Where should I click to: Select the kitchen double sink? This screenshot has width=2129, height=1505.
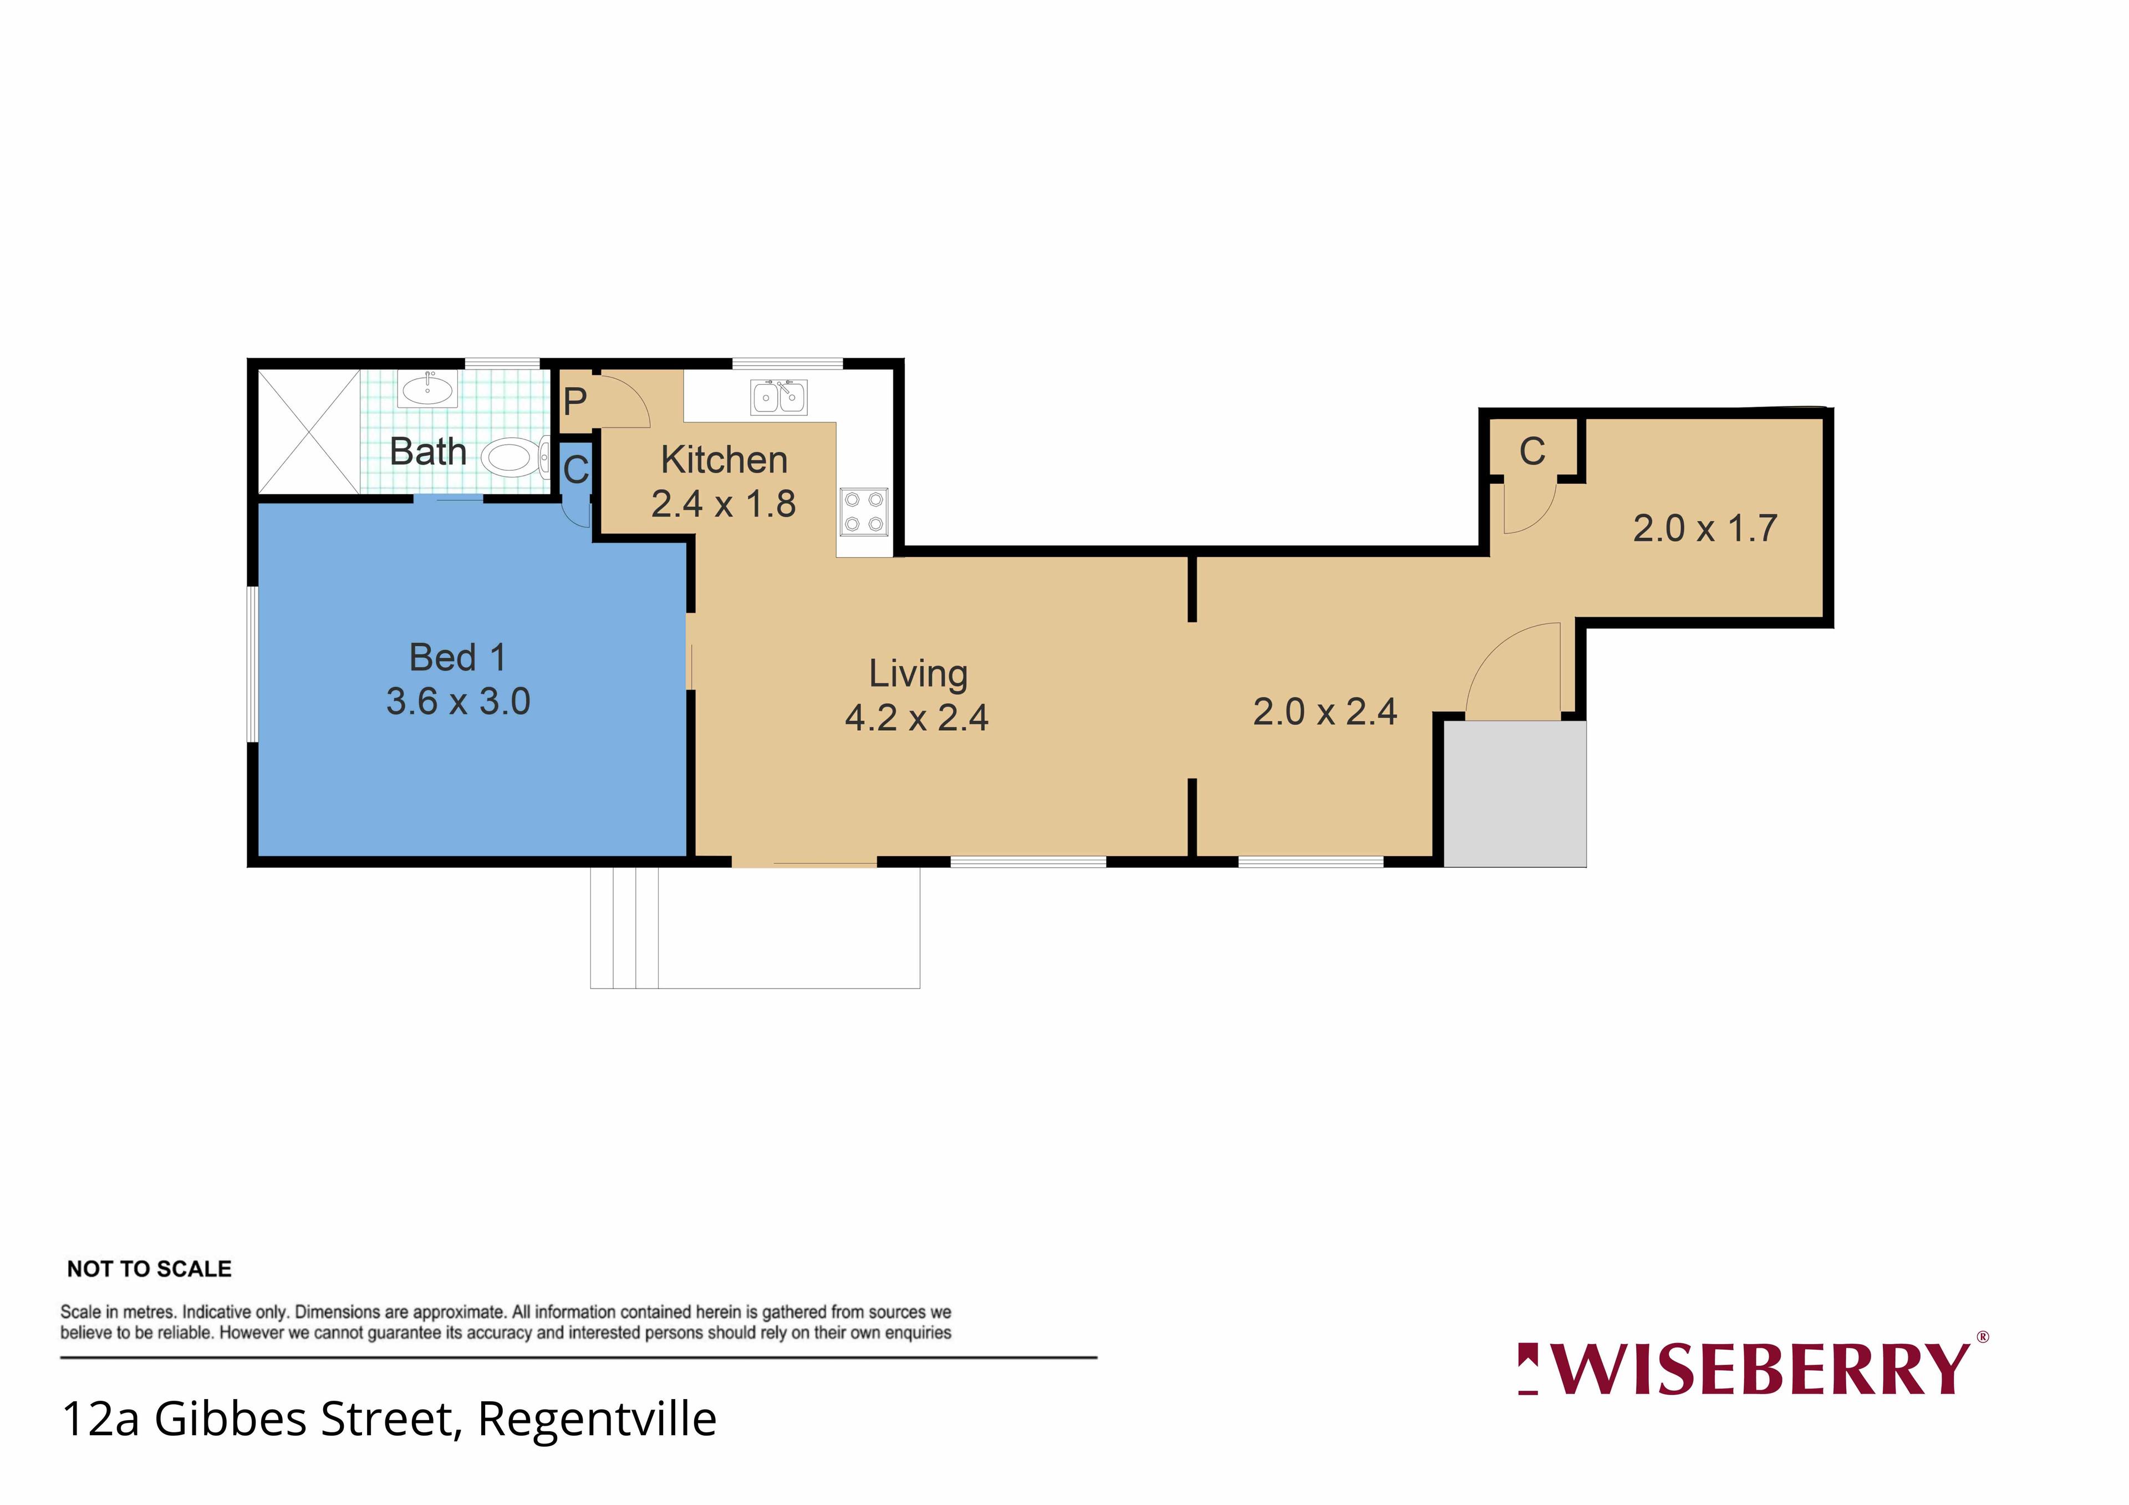(x=779, y=397)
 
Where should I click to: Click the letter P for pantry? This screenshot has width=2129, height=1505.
(x=575, y=401)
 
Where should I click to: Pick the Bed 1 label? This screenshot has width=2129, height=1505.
(x=458, y=658)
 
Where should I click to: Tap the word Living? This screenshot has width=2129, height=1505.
(x=918, y=674)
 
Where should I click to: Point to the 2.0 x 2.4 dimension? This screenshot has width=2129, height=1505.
(x=1325, y=712)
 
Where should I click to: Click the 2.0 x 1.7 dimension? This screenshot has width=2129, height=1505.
(x=1705, y=528)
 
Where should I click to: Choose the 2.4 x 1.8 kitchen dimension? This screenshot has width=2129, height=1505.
(x=724, y=505)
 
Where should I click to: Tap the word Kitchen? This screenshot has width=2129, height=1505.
(x=724, y=460)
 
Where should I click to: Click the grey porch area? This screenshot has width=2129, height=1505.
(x=1515, y=794)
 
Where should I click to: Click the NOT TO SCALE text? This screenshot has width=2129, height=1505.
(x=149, y=1269)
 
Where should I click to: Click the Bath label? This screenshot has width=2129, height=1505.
(x=427, y=451)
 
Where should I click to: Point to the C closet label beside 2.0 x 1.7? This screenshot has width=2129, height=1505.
(x=1532, y=451)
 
